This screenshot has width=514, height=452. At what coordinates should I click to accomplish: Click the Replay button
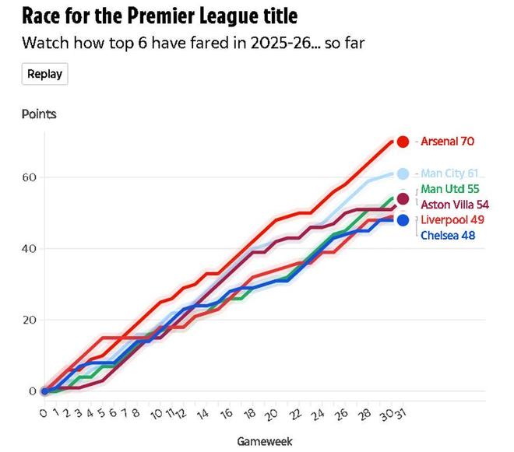44,74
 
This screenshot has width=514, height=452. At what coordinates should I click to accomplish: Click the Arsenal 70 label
447,142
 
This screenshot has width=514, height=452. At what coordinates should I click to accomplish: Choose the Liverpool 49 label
452,220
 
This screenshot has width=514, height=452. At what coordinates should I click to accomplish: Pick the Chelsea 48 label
448,235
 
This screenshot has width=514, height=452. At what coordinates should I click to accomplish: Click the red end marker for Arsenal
403,142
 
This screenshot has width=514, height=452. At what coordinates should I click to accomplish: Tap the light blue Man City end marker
403,173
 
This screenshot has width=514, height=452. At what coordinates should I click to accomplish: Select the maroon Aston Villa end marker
403,199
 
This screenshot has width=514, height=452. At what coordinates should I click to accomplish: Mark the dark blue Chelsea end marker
403,220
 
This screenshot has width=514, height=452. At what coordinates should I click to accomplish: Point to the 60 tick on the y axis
29,177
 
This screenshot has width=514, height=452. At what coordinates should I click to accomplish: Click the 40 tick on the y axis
29,249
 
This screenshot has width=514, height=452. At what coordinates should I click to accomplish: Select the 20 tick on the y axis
29,320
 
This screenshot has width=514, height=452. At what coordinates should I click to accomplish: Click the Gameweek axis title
265,442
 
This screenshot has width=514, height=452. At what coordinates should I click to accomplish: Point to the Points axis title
39,114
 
